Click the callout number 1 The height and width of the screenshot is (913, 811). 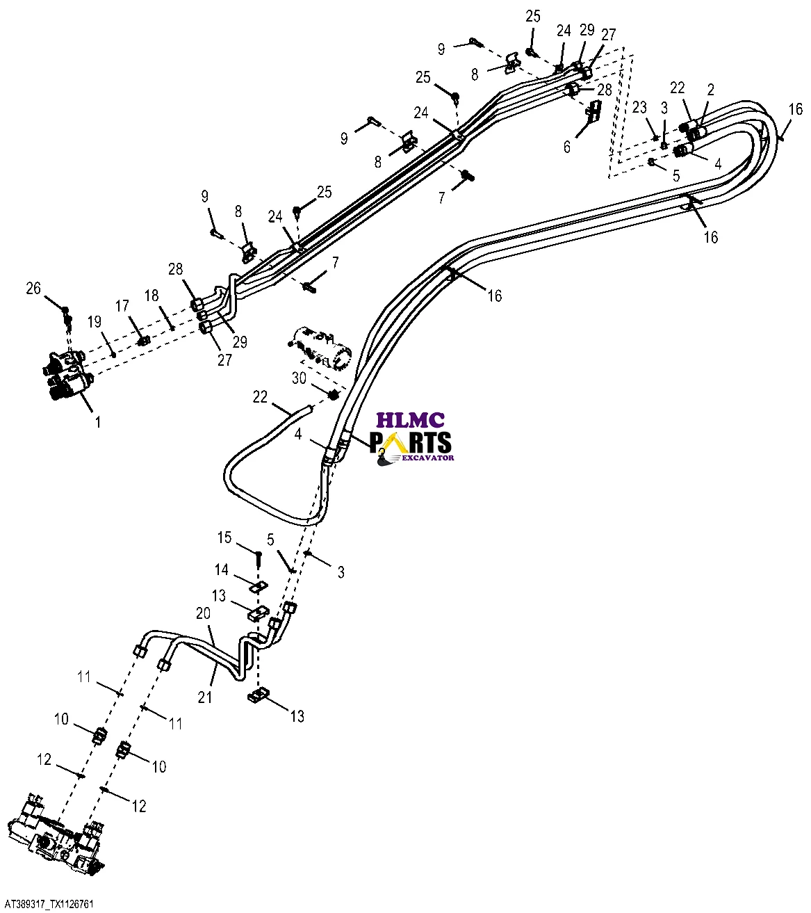(98, 422)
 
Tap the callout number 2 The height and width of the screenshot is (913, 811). (710, 90)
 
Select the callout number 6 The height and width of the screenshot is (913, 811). (567, 147)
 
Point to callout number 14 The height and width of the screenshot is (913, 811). (221, 570)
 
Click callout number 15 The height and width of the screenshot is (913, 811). (224, 538)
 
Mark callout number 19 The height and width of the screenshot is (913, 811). (95, 321)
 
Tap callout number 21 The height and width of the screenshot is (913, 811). (204, 696)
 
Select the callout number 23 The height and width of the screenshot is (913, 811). (639, 107)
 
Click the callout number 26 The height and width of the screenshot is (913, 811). (33, 287)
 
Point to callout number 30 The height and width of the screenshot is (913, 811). (299, 378)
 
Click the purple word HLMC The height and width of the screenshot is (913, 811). (410, 420)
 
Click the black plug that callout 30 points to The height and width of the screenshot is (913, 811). (333, 395)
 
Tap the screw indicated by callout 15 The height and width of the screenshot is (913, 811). (258, 558)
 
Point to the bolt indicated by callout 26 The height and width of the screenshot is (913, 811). (65, 311)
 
